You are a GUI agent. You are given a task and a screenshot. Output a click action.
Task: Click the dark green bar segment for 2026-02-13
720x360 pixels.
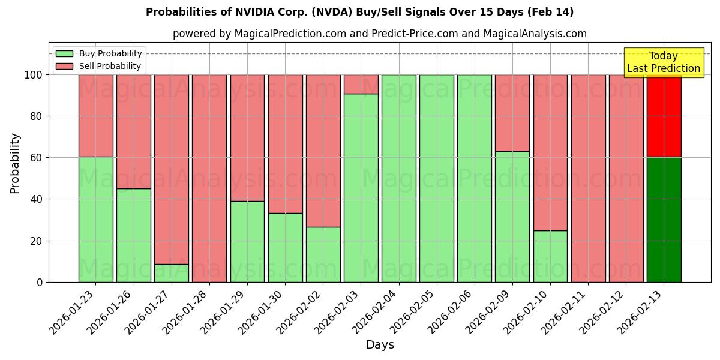664,220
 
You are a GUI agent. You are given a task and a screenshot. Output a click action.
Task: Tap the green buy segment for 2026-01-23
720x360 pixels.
95,219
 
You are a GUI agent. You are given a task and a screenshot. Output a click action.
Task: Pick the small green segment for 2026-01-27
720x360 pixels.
172,273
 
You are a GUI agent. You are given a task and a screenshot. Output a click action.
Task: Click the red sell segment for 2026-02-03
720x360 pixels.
361,84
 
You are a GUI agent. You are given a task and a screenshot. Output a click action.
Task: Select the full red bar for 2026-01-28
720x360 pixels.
209,178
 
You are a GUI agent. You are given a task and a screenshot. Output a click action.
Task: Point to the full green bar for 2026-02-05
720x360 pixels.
437,178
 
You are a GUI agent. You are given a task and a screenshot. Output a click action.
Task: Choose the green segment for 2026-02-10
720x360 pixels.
550,256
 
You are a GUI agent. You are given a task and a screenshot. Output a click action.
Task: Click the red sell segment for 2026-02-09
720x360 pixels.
512,113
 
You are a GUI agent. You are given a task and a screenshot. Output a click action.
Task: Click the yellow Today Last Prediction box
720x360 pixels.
664,62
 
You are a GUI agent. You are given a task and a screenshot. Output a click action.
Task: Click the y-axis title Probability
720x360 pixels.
15,163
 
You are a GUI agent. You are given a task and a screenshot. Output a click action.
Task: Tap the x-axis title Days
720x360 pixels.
380,345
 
